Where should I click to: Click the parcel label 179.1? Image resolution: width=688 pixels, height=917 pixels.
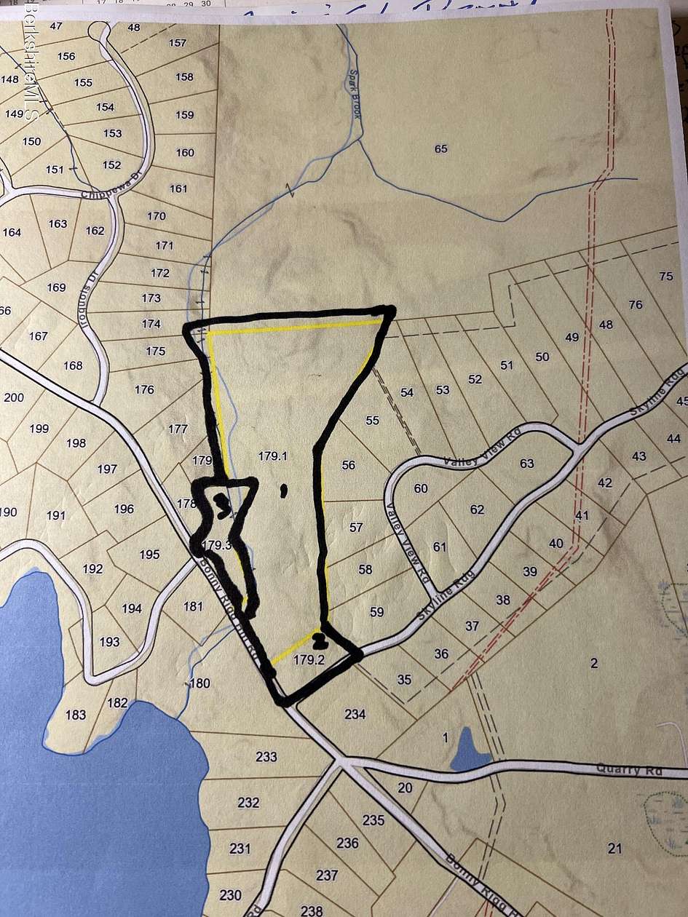(x=273, y=456)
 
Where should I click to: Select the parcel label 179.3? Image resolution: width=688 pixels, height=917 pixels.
(x=217, y=544)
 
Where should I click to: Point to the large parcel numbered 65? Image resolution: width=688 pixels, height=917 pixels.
(x=440, y=149)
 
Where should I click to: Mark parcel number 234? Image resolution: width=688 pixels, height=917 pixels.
(x=355, y=715)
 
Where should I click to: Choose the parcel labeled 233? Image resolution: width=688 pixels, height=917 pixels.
(x=266, y=757)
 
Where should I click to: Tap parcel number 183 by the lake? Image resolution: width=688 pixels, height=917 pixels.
(x=76, y=715)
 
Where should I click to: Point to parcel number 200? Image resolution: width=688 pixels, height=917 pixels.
(x=13, y=397)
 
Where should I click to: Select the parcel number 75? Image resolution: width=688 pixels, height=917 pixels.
(x=665, y=276)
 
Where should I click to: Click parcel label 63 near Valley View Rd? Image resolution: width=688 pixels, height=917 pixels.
(x=526, y=464)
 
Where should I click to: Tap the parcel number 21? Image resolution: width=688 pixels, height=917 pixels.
(x=614, y=847)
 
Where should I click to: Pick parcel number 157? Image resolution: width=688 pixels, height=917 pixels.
(x=178, y=43)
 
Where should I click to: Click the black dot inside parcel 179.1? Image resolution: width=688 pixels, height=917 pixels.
(x=284, y=491)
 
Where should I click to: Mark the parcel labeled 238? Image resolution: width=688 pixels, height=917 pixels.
(x=311, y=910)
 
